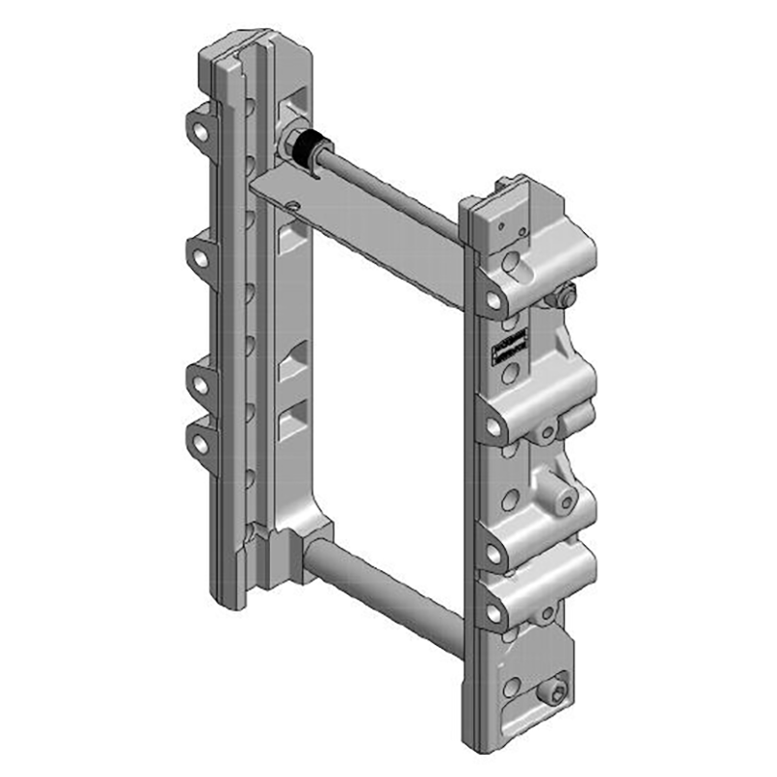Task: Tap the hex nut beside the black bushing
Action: pos(289,144)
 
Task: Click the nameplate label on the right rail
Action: pos(509,347)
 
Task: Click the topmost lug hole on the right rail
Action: pos(494,301)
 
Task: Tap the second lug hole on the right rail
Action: pos(494,425)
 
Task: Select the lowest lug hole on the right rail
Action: pos(494,613)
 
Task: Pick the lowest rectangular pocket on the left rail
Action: pos(291,423)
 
